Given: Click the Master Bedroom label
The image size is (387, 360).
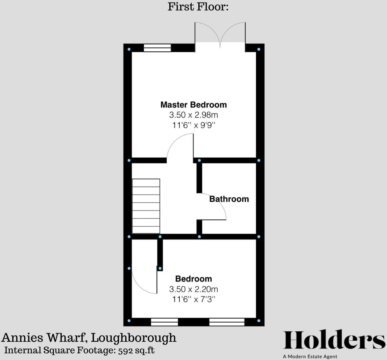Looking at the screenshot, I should click(193, 105).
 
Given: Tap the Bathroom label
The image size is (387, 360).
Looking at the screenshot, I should click(229, 199).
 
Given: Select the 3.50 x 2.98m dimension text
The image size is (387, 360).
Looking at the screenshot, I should click(193, 115).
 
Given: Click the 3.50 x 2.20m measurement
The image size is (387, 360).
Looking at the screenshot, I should click(193, 289).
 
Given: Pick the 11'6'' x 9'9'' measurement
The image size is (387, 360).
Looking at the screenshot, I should click(193, 125).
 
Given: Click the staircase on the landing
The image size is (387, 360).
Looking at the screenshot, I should click(146, 206).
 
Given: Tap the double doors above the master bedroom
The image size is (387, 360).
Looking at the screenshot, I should click(220, 36).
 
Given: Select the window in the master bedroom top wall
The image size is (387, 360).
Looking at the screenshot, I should click(157, 48).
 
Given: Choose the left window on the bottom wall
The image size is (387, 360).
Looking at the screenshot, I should click(164, 322).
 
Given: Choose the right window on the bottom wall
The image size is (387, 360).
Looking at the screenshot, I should click(227, 322).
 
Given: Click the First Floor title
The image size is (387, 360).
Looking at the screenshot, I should click(198, 6).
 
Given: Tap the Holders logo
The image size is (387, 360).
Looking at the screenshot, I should click(334, 340).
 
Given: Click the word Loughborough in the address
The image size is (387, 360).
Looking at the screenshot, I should click(134, 338).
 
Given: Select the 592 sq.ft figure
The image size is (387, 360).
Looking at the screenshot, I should click(137, 350).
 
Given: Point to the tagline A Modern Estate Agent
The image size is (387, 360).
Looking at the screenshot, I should click(310, 356).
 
